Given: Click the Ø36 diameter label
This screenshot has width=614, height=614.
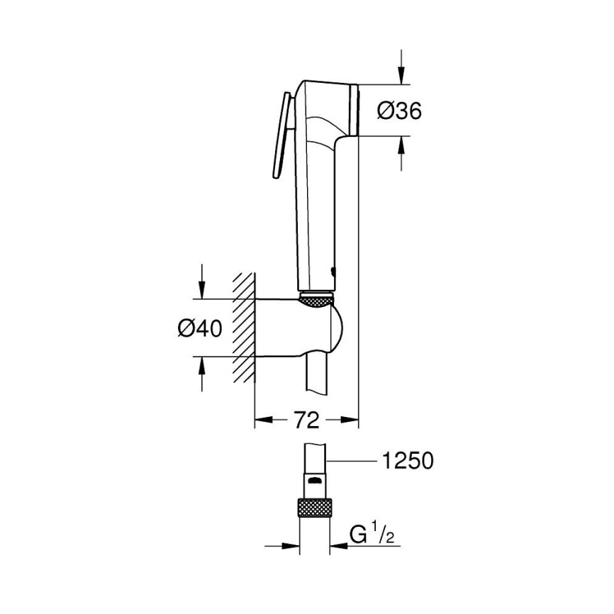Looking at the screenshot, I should pyautogui.click(x=399, y=111).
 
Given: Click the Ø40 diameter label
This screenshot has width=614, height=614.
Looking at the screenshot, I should pyautogui.click(x=200, y=328).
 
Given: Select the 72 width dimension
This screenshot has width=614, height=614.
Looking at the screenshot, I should pyautogui.click(x=306, y=420).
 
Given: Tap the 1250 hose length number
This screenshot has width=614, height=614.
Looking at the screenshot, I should pyautogui.click(x=407, y=461).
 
